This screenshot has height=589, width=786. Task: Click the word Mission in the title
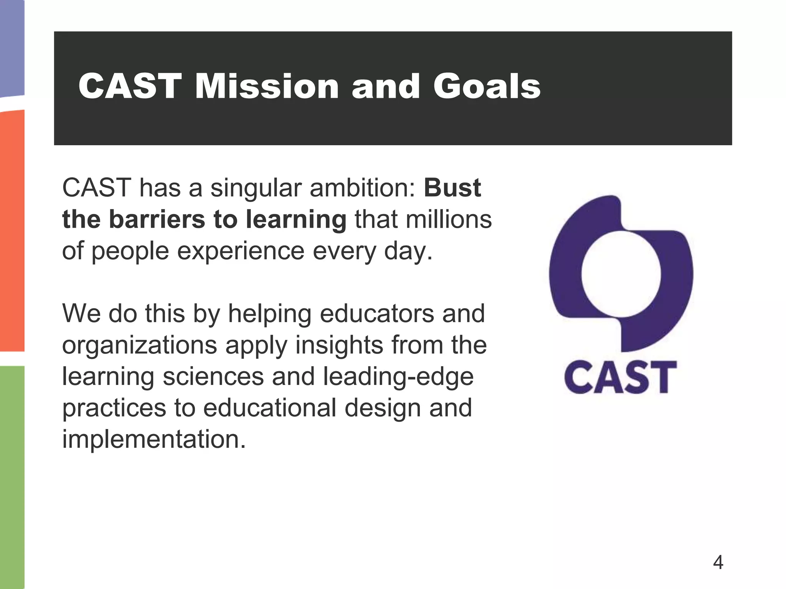(x=267, y=86)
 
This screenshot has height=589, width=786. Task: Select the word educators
(x=378, y=314)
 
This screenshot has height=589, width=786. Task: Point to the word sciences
(x=213, y=377)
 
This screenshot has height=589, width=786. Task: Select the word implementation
(x=154, y=439)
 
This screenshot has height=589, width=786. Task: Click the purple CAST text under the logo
(x=620, y=377)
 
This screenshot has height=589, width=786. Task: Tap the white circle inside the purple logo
(x=621, y=274)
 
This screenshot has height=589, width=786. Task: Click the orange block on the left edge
(x=12, y=230)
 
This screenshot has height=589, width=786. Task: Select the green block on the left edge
(x=12, y=475)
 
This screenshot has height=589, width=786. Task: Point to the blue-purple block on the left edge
(x=12, y=46)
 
